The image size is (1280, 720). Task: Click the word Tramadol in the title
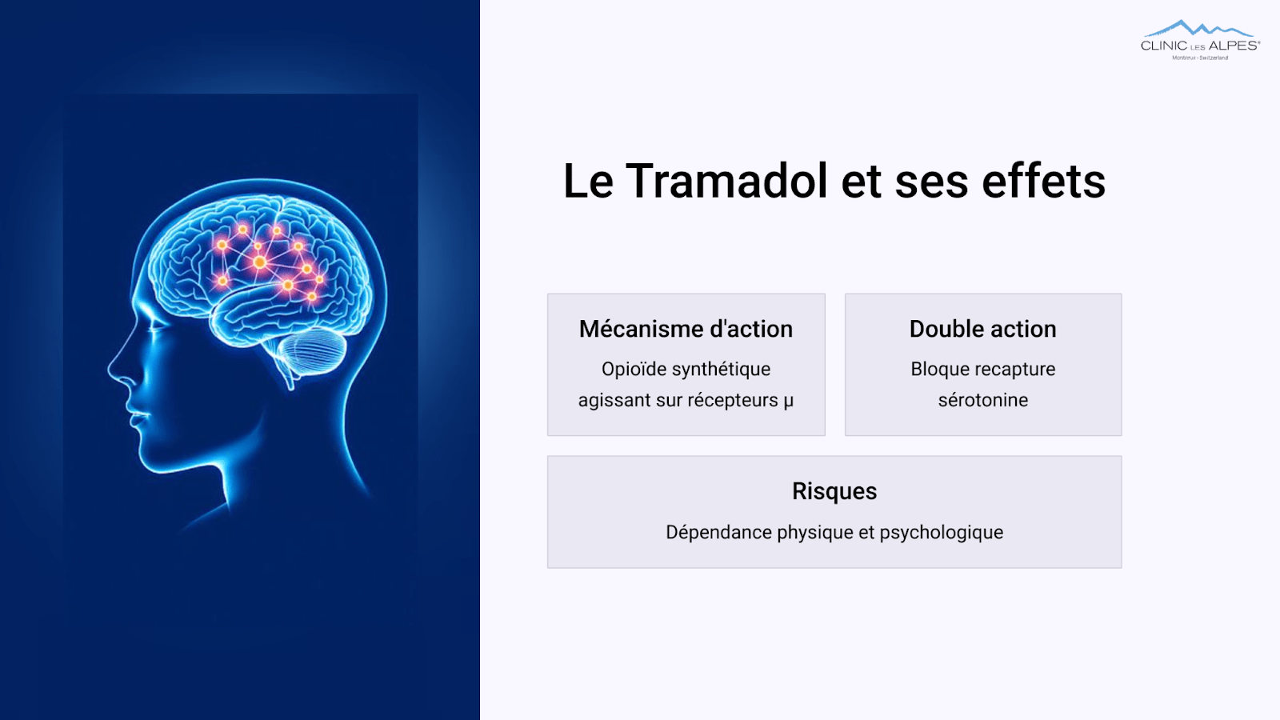[726, 181]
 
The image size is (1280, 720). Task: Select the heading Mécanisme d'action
[686, 329]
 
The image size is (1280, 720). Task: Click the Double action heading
[983, 329]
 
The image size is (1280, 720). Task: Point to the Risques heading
[834, 491]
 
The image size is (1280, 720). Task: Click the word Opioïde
[634, 369]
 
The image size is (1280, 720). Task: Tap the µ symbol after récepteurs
[789, 401]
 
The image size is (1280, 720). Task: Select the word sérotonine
[983, 400]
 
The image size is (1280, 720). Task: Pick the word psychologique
[941, 533]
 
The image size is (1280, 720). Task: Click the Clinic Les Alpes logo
[1200, 40]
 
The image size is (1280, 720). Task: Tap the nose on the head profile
[114, 366]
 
